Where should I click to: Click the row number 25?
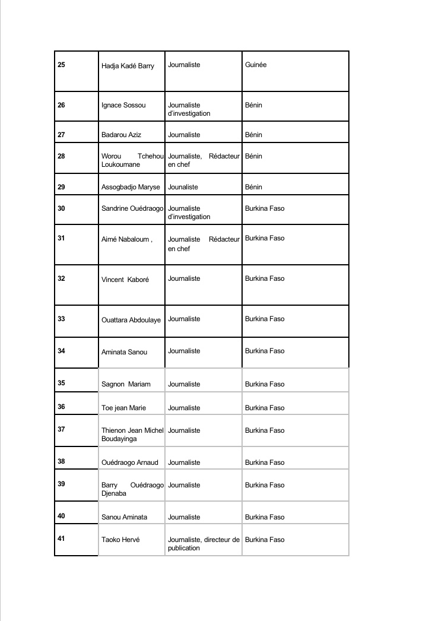62,65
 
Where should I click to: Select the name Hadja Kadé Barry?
128,66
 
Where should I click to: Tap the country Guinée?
256,65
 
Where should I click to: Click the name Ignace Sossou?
123,106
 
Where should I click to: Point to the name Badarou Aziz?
121,135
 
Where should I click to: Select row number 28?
62,156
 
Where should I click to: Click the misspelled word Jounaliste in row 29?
183,187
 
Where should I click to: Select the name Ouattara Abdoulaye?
131,320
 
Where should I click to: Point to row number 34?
62,351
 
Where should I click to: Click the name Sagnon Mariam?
126,384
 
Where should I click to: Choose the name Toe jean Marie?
123,408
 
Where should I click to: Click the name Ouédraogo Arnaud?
130,462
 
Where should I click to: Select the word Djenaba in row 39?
114,493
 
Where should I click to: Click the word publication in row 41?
184,548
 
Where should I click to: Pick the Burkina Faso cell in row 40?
265,517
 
